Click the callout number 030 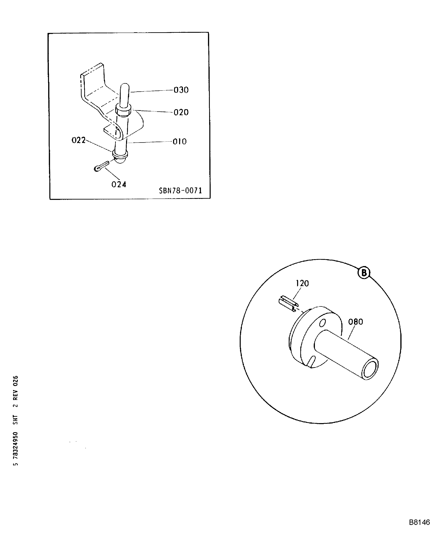181,90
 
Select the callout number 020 181,112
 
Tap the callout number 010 179,141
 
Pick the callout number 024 119,184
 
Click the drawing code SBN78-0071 180,190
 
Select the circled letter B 364,273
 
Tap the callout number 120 302,283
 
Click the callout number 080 356,322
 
